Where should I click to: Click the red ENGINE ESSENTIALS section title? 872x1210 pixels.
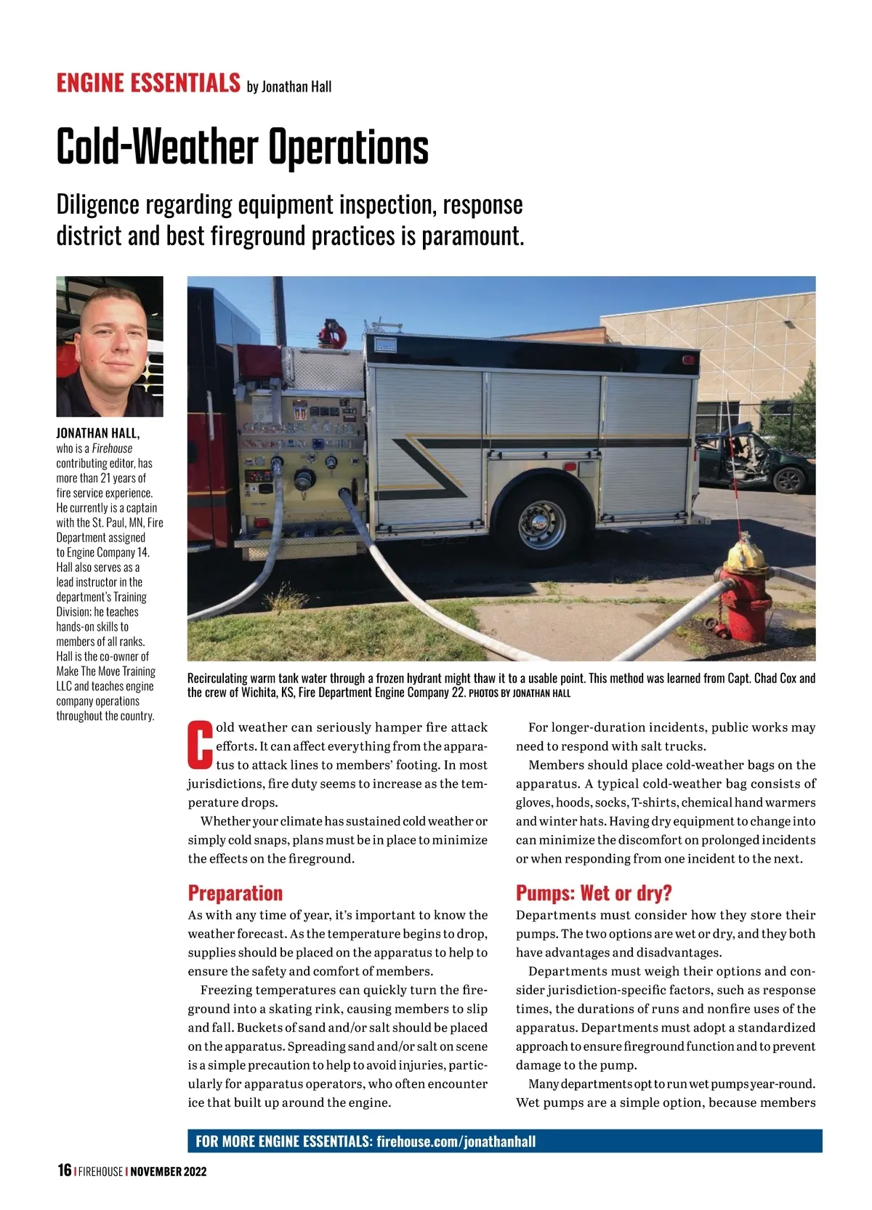[148, 83]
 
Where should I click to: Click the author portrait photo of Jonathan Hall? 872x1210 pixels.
[110, 346]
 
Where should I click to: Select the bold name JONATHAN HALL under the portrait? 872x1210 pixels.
[98, 433]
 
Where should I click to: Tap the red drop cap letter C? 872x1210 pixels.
[200, 744]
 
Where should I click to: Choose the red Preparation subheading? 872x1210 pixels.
[235, 892]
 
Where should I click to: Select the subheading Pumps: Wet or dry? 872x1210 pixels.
[594, 892]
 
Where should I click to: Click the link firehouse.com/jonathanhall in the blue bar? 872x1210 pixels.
[456, 1141]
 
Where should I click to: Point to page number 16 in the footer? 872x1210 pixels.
[64, 1170]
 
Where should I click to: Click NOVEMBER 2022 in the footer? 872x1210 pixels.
[169, 1171]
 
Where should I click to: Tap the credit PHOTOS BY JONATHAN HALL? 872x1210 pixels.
[520, 693]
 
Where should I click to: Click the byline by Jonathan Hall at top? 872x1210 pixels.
[289, 86]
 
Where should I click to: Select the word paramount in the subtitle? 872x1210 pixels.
[472, 236]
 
